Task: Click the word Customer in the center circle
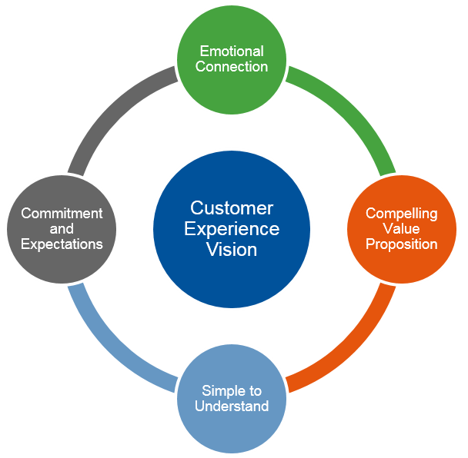point(231,208)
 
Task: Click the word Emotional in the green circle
point(232,51)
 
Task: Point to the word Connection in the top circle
point(232,67)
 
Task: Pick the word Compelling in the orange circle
point(401,214)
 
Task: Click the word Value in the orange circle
point(401,229)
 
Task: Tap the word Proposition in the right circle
point(401,244)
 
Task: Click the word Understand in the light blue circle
point(232,405)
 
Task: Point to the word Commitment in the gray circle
point(62,214)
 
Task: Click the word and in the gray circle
point(62,229)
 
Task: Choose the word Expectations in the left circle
point(62,244)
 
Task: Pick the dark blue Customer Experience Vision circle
point(231,277)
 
